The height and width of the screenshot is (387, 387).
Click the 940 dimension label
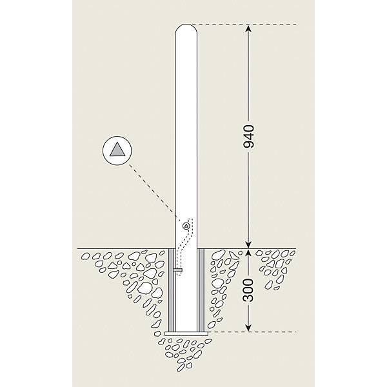click(x=248, y=137)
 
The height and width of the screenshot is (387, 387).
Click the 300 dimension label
click(x=248, y=290)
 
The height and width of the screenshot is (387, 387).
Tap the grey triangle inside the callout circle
click(x=117, y=150)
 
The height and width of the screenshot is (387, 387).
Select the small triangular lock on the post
click(x=186, y=226)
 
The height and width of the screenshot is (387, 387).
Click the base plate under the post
click(x=186, y=333)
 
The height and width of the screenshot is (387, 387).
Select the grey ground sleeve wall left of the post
click(x=172, y=290)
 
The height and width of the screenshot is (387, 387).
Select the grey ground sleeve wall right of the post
click(x=201, y=290)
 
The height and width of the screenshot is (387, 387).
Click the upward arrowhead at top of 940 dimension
click(x=248, y=28)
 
